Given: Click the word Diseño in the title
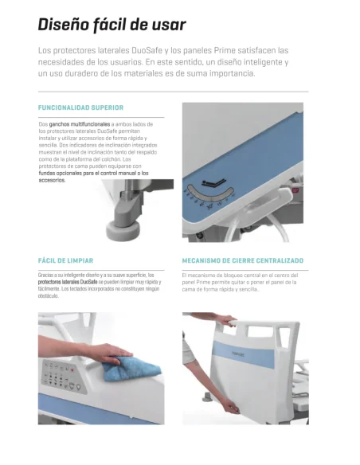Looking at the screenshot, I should point(65,25).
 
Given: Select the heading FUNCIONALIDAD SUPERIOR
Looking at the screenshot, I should point(80,107).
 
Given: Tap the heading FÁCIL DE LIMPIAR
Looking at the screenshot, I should point(66,260).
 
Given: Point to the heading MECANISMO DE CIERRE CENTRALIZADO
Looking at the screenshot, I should point(243,260).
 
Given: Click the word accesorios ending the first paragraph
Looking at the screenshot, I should point(53,180).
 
